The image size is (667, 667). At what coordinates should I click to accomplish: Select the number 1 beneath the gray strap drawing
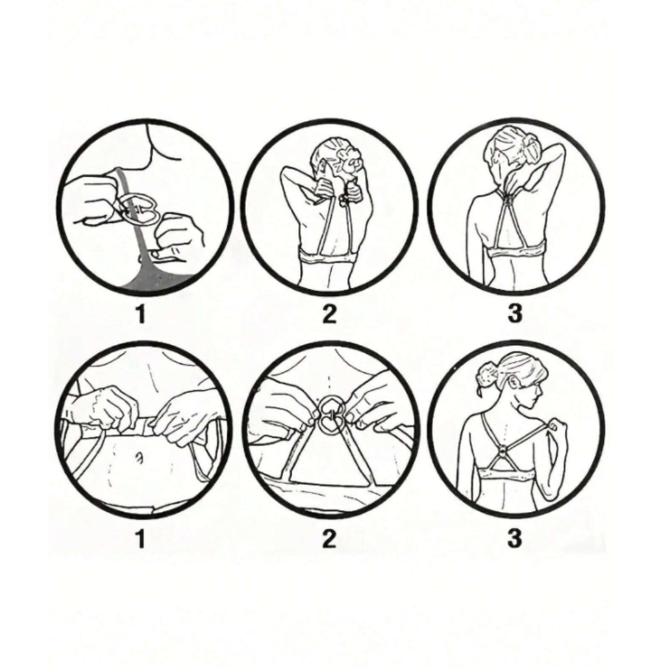(140, 314)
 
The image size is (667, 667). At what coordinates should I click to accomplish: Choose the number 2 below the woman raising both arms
(329, 314)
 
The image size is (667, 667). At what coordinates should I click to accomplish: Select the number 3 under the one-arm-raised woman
(514, 314)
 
